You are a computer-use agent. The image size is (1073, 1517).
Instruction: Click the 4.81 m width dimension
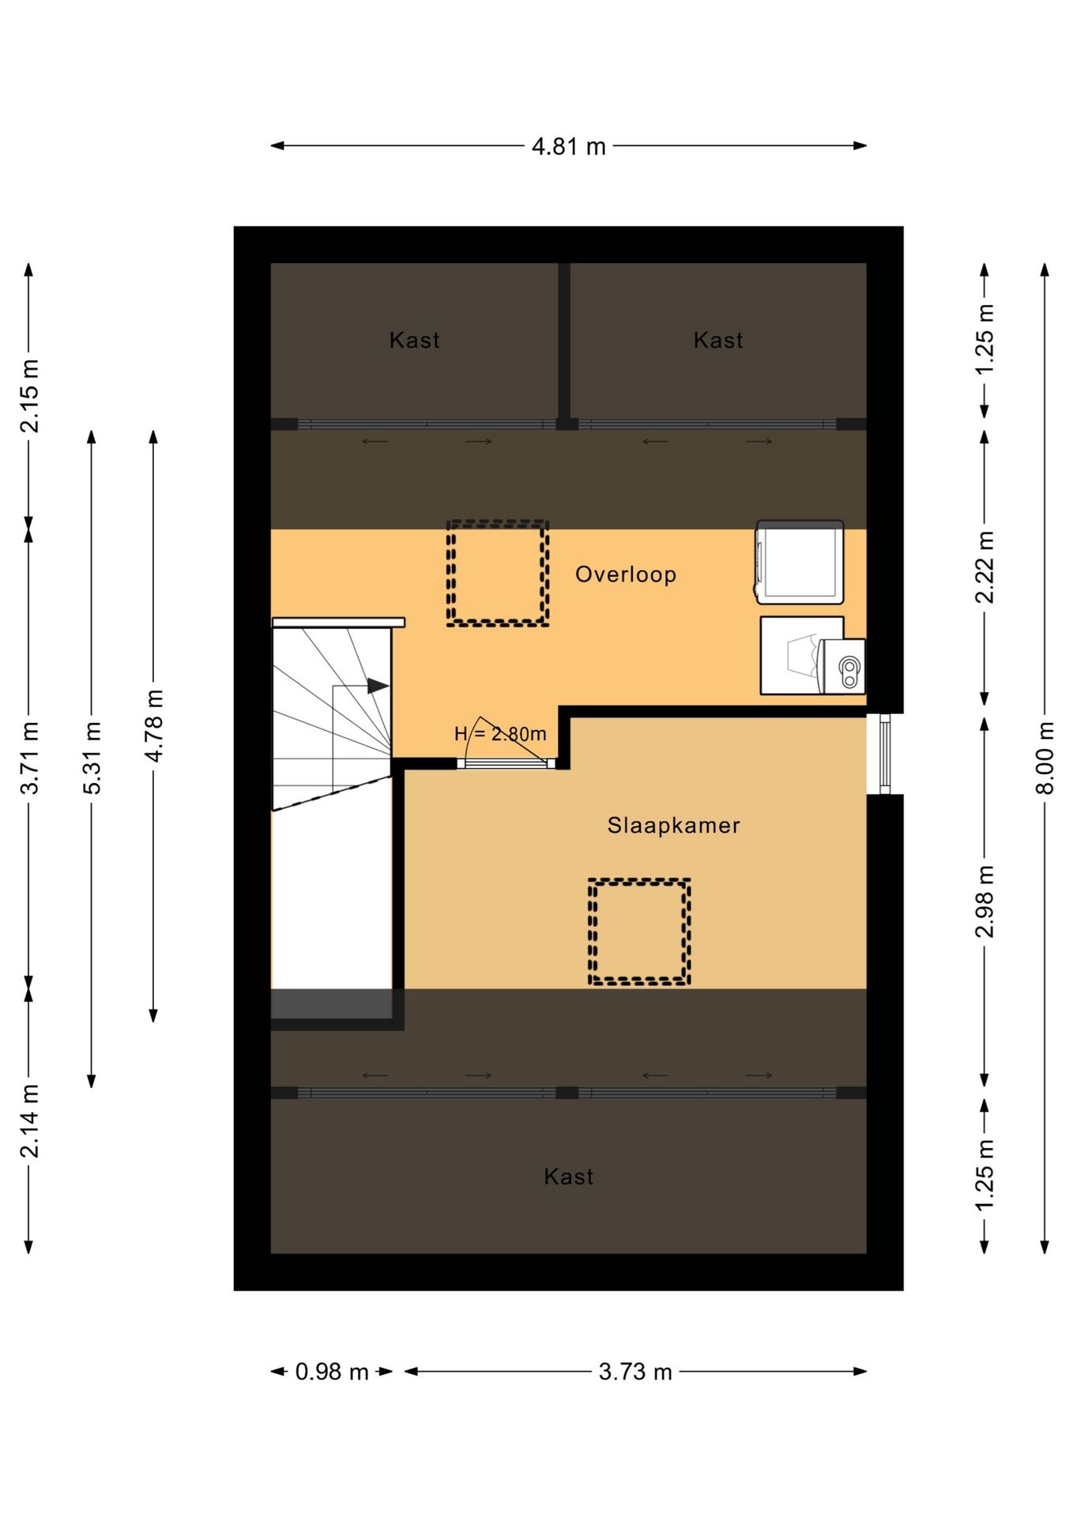(568, 147)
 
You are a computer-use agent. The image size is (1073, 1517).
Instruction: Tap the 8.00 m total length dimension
(1045, 758)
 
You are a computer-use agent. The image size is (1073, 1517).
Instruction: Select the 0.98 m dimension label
(332, 1372)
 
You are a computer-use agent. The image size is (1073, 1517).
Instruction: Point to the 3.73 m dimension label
(635, 1372)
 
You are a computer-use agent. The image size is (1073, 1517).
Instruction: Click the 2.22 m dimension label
(985, 567)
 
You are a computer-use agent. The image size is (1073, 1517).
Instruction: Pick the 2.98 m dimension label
(985, 902)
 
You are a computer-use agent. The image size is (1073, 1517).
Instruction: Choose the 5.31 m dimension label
(92, 758)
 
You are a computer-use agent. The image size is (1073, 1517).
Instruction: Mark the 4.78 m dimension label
(153, 725)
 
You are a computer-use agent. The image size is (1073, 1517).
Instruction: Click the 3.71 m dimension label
(29, 758)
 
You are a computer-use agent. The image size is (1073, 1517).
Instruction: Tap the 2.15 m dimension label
(29, 397)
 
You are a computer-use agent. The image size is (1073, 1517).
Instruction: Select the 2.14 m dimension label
(29, 1121)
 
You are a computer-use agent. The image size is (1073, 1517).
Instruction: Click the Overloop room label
(626, 574)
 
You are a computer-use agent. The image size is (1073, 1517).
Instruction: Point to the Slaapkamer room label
(673, 826)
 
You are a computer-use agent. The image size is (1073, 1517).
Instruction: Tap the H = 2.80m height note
(500, 734)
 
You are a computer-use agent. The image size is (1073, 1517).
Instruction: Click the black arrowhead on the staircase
(378, 686)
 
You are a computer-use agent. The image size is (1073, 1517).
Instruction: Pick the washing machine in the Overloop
(800, 562)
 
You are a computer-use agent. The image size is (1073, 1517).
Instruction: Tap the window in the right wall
(885, 754)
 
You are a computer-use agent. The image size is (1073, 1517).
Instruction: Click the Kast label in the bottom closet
(569, 1177)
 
